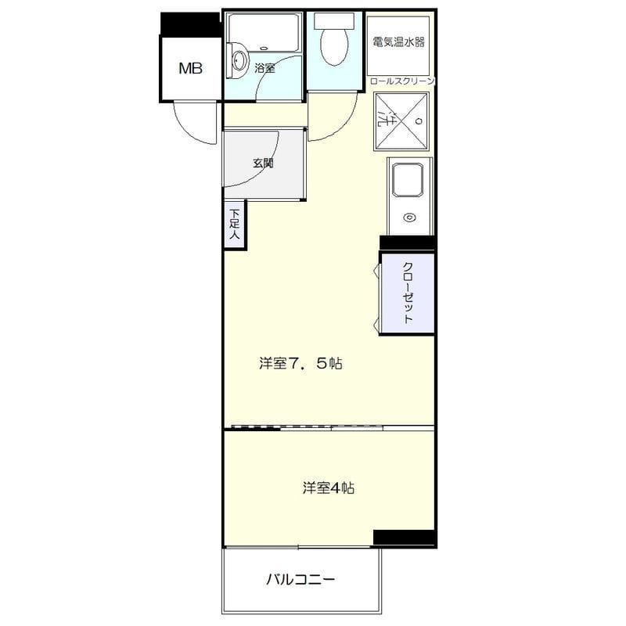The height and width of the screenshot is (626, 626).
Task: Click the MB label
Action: point(190,69)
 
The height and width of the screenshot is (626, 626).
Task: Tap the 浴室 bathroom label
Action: point(264,68)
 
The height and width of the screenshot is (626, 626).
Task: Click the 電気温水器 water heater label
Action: point(398,42)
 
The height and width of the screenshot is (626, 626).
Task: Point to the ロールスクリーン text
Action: point(401,81)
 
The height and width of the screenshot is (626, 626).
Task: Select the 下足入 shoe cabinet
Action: point(234,225)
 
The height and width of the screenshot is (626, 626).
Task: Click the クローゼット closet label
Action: point(408,293)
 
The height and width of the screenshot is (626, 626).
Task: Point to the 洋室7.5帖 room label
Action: point(301,364)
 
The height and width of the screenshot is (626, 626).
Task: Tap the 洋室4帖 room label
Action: point(329,488)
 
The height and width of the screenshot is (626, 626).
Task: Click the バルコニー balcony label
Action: point(300,580)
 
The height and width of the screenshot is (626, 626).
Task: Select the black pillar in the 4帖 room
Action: point(403,538)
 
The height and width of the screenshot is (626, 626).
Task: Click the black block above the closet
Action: point(406,243)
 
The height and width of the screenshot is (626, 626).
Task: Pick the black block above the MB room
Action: point(190,23)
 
